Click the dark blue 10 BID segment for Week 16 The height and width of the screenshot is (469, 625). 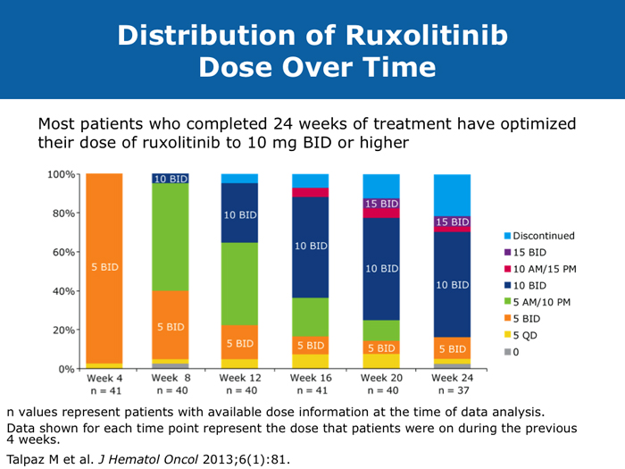[311, 247]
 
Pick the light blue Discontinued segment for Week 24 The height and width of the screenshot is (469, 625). [452, 194]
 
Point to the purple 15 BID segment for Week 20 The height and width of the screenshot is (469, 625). [381, 205]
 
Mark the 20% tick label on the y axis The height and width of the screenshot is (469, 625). [62, 330]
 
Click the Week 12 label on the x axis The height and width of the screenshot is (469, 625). [239, 379]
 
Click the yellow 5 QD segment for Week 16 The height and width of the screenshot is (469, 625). [311, 361]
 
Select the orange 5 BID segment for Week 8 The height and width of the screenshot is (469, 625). [170, 325]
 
